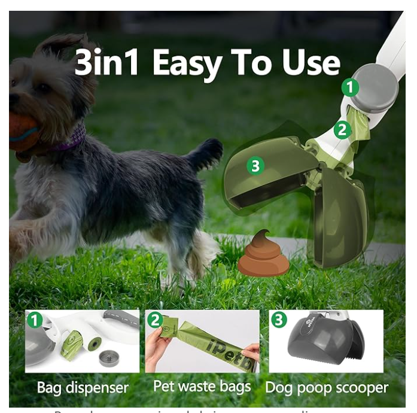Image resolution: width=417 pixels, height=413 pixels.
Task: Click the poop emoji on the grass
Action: click(x=263, y=254)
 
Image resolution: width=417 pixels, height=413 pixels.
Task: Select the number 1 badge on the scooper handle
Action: click(x=350, y=87)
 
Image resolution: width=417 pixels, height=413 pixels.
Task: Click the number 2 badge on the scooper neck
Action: click(x=342, y=129)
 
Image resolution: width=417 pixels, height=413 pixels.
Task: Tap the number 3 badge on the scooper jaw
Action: click(x=255, y=166)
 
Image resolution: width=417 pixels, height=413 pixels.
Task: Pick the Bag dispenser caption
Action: click(x=83, y=387)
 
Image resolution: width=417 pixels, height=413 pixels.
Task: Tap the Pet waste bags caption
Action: click(x=202, y=386)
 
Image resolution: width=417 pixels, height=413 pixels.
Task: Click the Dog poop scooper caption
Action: click(x=327, y=387)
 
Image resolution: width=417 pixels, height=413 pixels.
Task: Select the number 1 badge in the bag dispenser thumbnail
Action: click(x=35, y=320)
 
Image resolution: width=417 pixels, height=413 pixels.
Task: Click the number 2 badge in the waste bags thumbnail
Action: click(x=156, y=320)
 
